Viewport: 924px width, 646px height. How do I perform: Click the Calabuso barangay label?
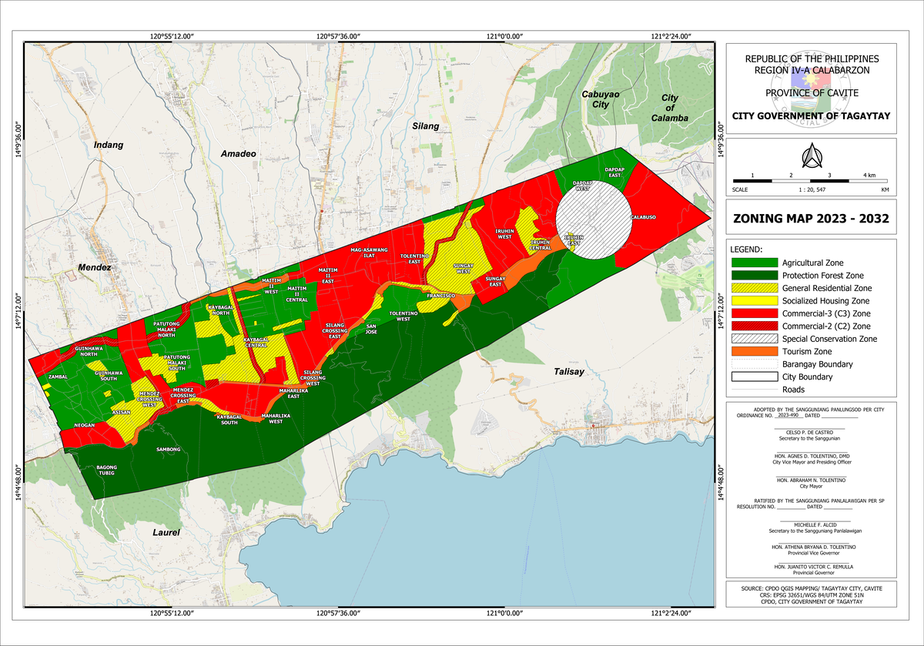click(644, 217)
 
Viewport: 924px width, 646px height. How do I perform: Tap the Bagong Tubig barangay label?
click(105, 470)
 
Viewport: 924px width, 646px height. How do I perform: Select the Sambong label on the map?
click(168, 449)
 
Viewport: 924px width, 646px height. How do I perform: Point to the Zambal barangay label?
click(59, 377)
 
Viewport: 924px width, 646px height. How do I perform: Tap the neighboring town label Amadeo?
click(238, 154)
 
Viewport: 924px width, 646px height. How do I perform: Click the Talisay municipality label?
click(571, 372)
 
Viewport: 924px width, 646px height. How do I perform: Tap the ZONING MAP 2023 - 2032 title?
click(812, 219)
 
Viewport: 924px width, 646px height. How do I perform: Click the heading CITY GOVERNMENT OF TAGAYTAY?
click(811, 116)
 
